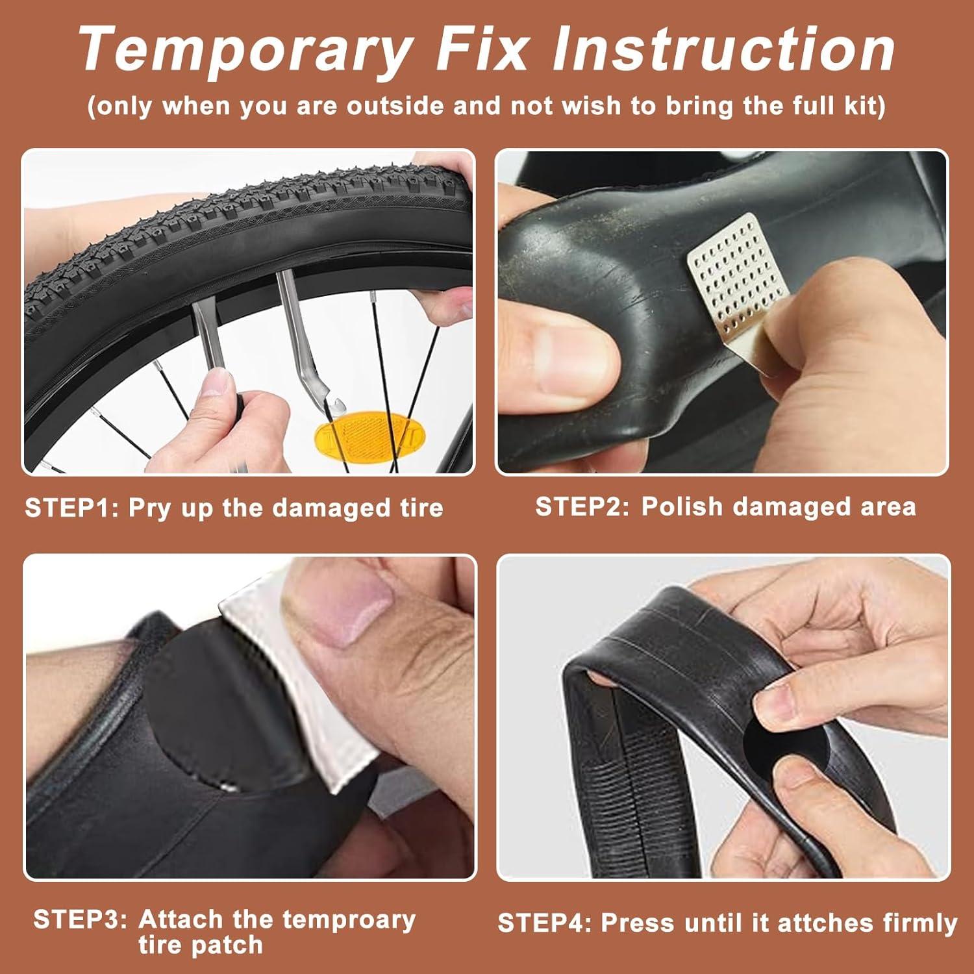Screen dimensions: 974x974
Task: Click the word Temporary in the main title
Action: pyautogui.click(x=245, y=51)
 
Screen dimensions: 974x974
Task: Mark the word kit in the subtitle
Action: pyautogui.click(x=864, y=105)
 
